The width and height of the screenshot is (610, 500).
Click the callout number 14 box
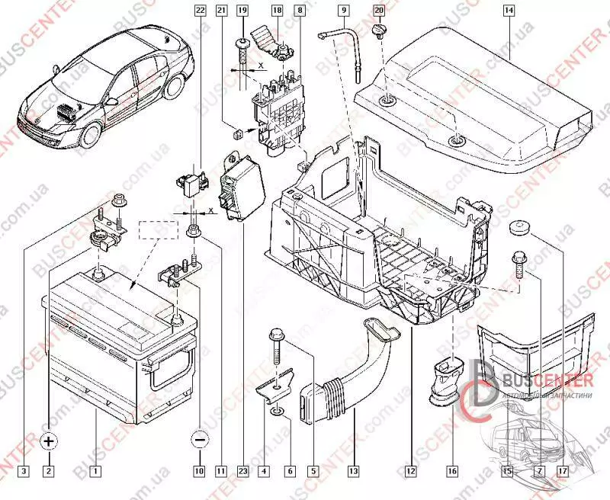(x=509, y=11)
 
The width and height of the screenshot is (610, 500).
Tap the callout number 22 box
(x=200, y=11)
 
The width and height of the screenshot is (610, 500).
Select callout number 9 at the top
(x=345, y=11)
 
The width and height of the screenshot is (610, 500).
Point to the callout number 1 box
(x=95, y=471)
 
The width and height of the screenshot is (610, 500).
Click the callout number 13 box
(x=352, y=471)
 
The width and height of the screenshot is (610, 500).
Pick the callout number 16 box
(x=452, y=471)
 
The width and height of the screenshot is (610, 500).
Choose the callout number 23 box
(x=242, y=471)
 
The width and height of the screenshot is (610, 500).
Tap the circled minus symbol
(x=199, y=441)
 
